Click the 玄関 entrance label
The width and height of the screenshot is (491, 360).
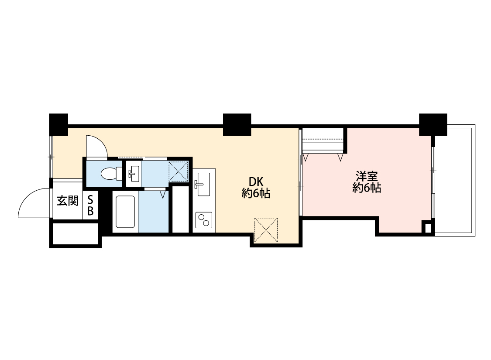(67, 201)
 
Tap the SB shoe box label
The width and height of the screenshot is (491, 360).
(90, 206)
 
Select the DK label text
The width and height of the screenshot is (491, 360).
(256, 182)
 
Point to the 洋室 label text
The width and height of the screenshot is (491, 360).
(367, 177)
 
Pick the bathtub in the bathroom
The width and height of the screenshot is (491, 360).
(125, 212)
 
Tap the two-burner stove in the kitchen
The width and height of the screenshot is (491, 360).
(203, 220)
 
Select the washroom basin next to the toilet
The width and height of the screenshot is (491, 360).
(134, 173)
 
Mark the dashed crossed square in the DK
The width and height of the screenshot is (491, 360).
(266, 230)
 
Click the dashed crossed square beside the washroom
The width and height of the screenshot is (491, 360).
(179, 171)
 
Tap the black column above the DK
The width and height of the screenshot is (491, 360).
(237, 125)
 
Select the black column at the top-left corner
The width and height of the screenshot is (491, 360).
(58, 124)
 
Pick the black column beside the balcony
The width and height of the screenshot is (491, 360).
(433, 125)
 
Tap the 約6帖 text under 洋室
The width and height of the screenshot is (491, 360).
(367, 188)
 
